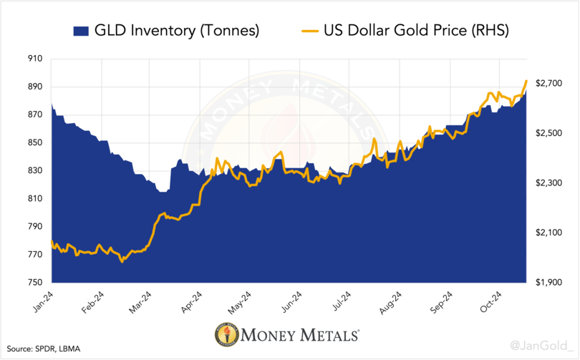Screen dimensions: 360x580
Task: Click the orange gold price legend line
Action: pyautogui.click(x=309, y=31)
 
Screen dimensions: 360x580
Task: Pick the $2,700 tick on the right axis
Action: pyautogui.click(x=548, y=84)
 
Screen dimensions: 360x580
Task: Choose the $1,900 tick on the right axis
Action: pyautogui.click(x=548, y=283)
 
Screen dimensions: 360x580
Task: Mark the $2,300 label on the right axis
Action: pyautogui.click(x=548, y=183)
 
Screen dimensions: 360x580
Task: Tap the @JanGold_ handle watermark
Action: pyautogui.click(x=542, y=346)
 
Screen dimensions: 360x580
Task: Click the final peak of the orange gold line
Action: pyautogui.click(x=527, y=81)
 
